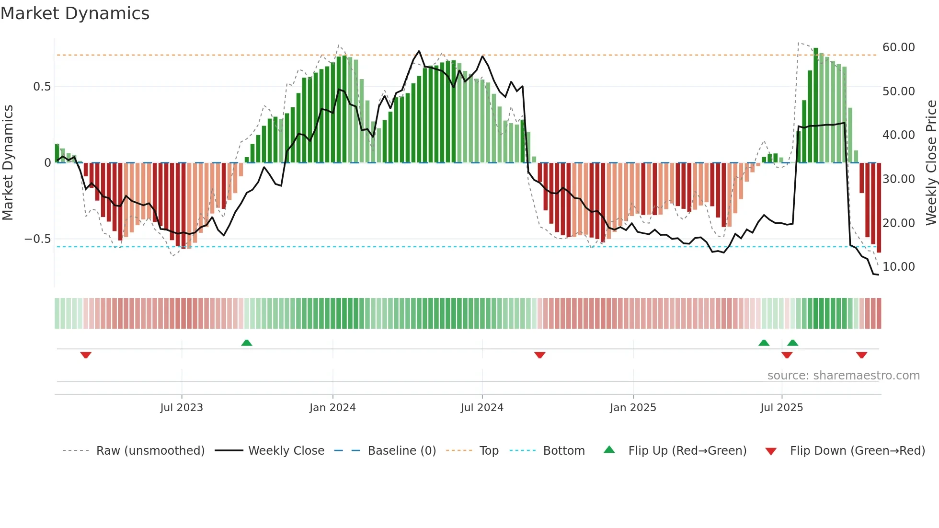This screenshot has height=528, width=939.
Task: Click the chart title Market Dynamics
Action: [75, 13]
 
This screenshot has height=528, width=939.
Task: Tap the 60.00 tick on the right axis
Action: [898, 47]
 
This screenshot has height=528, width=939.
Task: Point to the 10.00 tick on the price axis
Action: [898, 267]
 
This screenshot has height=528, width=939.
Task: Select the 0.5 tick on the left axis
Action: [42, 87]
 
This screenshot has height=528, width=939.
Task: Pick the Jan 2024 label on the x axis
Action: [332, 408]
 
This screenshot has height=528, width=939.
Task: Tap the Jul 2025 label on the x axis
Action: [781, 408]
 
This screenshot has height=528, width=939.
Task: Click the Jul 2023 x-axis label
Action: [182, 408]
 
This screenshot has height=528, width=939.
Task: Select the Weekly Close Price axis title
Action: [931, 162]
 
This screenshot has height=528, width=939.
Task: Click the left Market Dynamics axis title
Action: [8, 162]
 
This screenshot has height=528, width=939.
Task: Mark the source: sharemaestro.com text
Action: [843, 376]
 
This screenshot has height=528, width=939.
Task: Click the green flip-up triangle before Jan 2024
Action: [247, 343]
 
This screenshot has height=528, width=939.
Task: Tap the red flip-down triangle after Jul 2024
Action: [540, 355]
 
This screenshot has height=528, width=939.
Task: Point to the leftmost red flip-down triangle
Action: [86, 355]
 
